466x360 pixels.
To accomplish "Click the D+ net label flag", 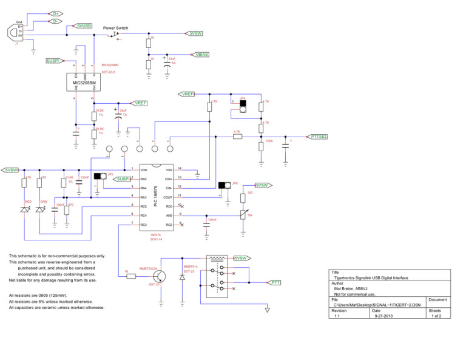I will [x=55, y=13].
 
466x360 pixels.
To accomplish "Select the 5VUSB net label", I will [x=83, y=26].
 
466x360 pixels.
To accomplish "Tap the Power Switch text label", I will [x=115, y=28].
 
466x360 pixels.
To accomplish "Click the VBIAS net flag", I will [x=201, y=54].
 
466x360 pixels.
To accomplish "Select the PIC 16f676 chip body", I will [x=157, y=197].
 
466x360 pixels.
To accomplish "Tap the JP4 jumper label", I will [x=243, y=98].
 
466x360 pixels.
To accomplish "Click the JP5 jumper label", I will [x=110, y=174].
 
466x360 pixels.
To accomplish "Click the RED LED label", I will [x=28, y=201].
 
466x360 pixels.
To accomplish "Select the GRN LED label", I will [x=44, y=201].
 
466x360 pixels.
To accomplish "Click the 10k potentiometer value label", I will [x=250, y=215].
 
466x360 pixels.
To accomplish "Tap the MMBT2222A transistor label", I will [x=148, y=267].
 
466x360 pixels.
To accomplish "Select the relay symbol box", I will [x=218, y=277].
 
